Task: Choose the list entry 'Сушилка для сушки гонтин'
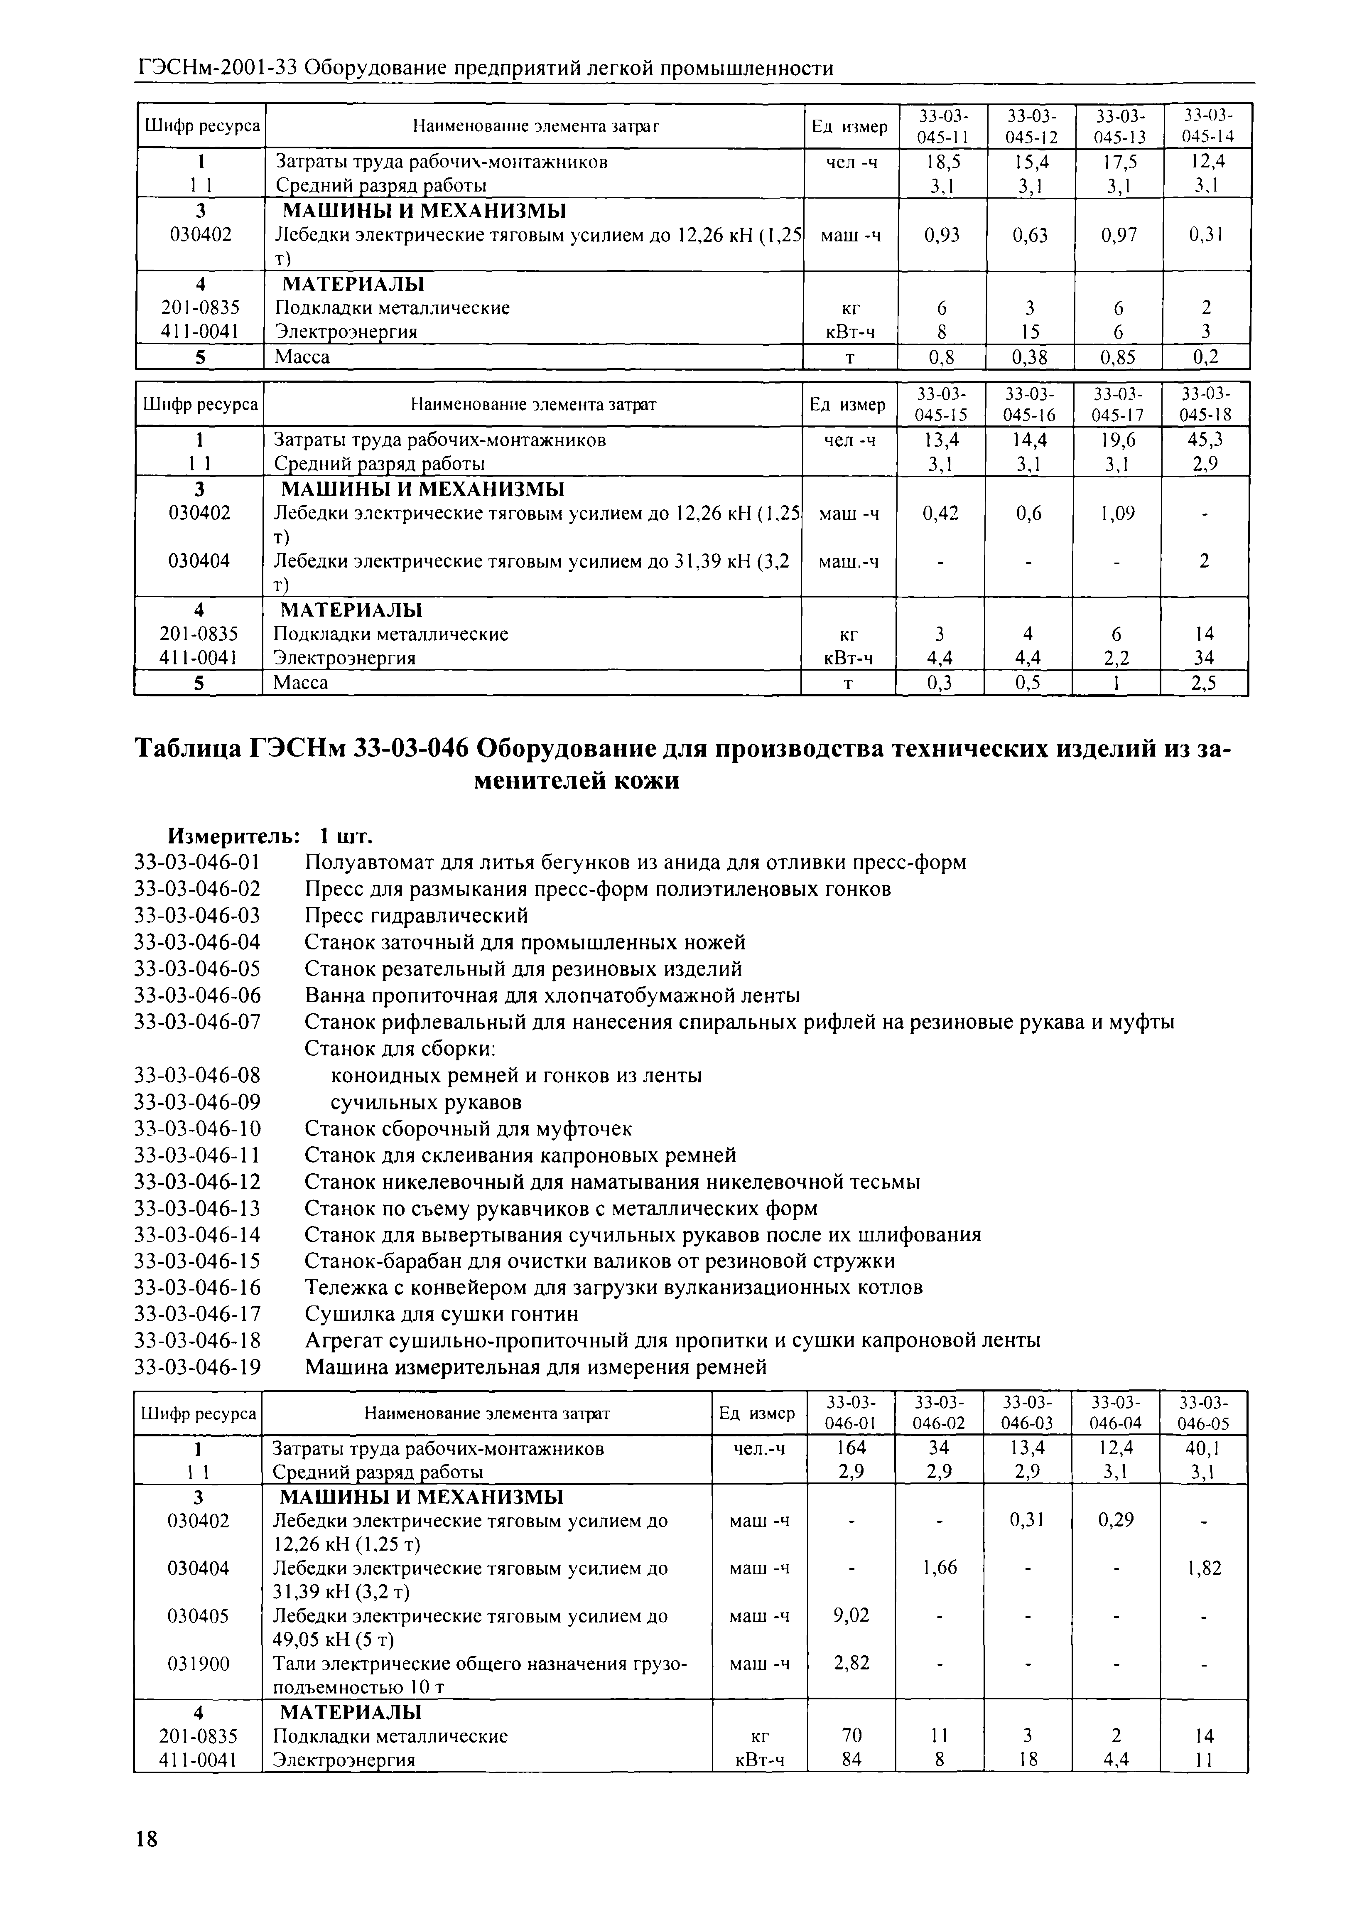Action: pos(441,1314)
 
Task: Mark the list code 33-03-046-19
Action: pos(197,1367)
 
